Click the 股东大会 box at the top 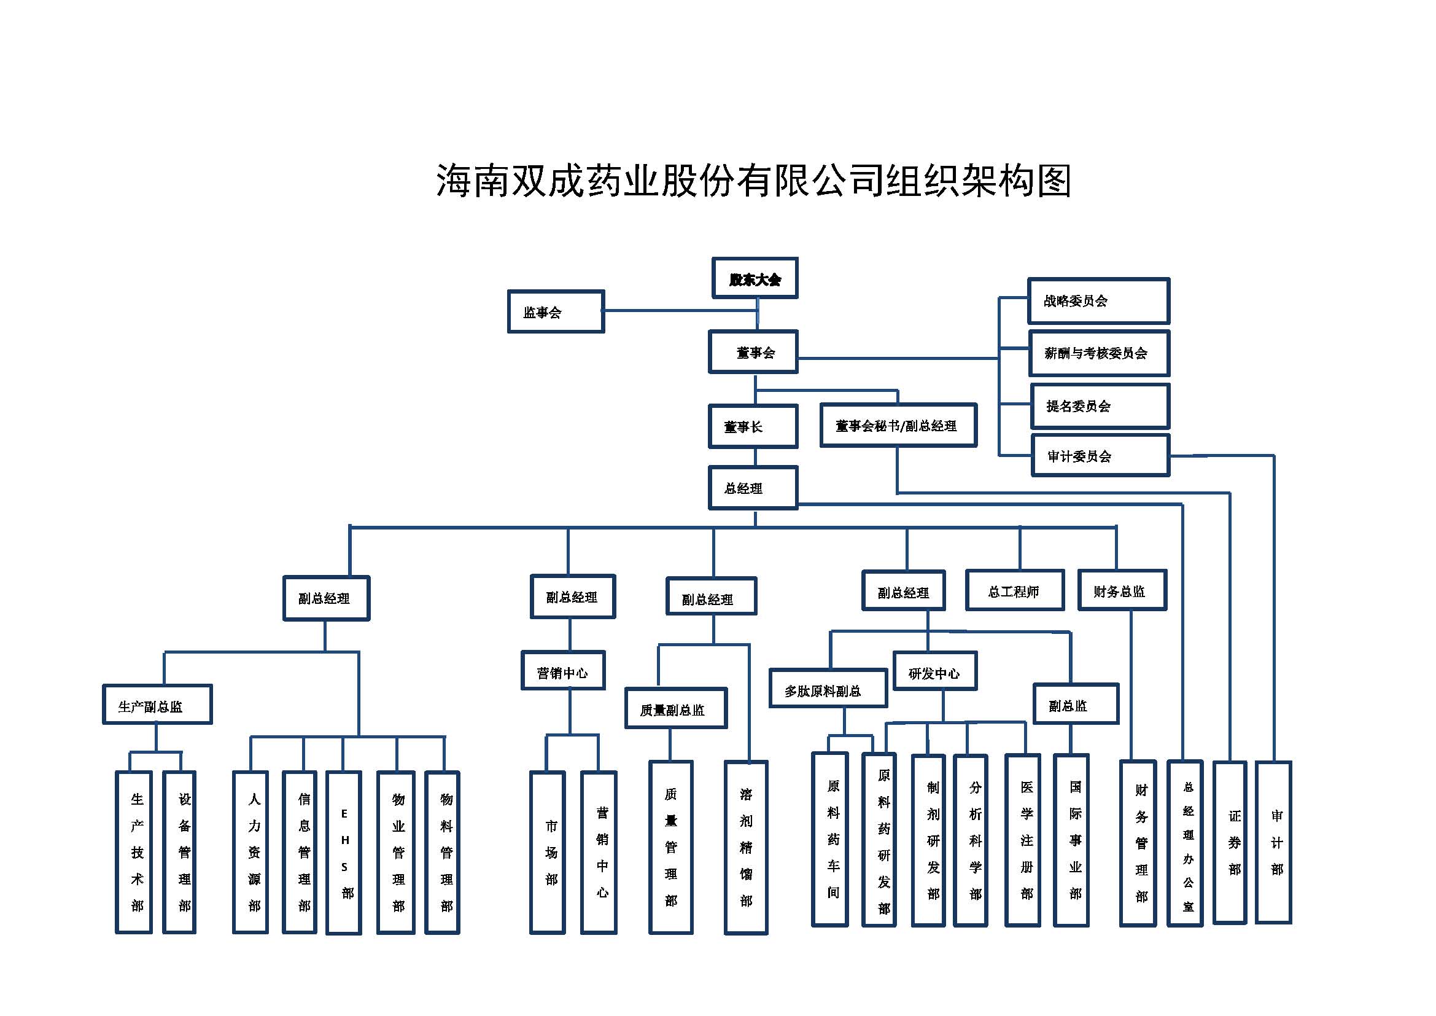755,278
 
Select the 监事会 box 556,311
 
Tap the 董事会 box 753,352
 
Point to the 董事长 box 753,427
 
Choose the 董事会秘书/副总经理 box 898,426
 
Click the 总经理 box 753,488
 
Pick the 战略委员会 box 1098,301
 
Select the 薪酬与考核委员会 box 1099,353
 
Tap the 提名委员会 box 1100,406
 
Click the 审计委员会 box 1100,456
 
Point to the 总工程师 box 1014,590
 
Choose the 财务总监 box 1122,590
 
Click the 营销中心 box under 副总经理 563,673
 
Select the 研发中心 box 934,673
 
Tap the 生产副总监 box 157,706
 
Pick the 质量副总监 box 675,709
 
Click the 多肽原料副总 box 828,690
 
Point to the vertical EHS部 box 344,853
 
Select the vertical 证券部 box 1230,843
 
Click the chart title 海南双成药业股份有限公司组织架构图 754,180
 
